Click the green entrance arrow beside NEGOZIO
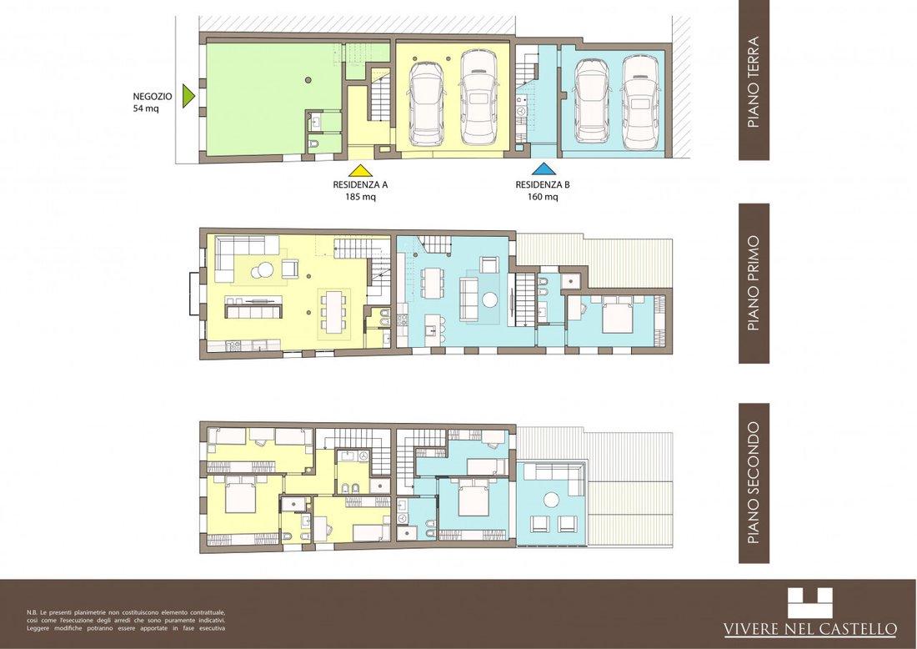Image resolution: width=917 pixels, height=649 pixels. [187, 96]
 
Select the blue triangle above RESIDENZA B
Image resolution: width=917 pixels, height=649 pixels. [544, 169]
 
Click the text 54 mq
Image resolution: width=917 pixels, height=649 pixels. [146, 108]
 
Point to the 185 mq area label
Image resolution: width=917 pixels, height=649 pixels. [360, 197]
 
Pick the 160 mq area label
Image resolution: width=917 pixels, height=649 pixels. [543, 197]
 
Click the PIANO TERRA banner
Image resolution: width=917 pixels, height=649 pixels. [754, 80]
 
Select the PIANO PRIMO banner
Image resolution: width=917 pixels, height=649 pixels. [754, 284]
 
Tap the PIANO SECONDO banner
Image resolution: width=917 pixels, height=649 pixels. [754, 483]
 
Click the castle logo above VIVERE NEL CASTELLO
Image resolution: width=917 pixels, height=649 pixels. [809, 603]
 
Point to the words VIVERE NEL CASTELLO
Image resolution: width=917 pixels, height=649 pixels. [810, 629]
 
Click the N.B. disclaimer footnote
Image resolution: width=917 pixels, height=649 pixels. [126, 621]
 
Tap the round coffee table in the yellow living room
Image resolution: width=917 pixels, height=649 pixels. [262, 269]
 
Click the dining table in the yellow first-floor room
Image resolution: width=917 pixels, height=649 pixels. [333, 311]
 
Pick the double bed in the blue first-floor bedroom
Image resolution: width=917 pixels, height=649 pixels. [618, 314]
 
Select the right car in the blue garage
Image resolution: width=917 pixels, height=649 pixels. [641, 103]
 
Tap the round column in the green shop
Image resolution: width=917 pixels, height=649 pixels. [308, 80]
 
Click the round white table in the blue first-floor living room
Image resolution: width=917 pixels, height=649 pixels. [489, 299]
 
